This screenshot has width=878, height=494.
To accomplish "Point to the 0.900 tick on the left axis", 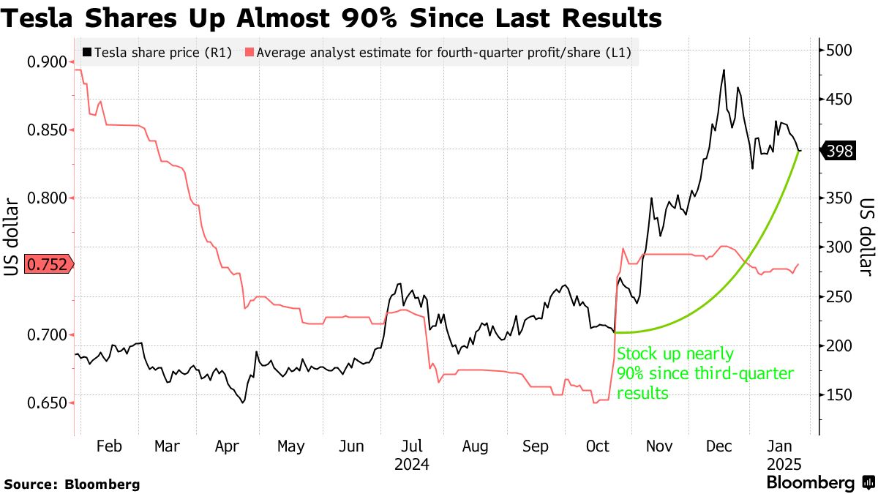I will pyautogui.click(x=49, y=62).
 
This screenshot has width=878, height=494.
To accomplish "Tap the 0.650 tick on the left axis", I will pyautogui.click(x=49, y=403).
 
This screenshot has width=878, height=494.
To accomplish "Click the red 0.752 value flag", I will pyautogui.click(x=49, y=265).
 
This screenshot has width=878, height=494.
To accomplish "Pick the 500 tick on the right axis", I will pyautogui.click(x=840, y=50).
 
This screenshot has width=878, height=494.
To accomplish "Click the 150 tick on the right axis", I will pyautogui.click(x=840, y=395).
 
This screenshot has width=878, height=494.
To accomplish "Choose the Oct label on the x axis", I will pyautogui.click(x=598, y=446).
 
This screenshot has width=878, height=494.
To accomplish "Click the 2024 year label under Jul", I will pyautogui.click(x=411, y=464).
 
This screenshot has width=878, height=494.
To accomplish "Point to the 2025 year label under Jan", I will pyautogui.click(x=784, y=464).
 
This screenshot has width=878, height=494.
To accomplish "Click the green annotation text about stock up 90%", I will pyautogui.click(x=705, y=373).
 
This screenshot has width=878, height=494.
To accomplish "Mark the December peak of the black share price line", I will pyautogui.click(x=724, y=70).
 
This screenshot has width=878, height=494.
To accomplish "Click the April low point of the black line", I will pyautogui.click(x=242, y=402).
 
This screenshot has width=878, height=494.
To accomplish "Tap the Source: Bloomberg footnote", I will pyautogui.click(x=72, y=484).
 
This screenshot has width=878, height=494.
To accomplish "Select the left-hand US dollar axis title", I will pyautogui.click(x=12, y=239).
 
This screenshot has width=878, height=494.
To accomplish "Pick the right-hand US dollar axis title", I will pyautogui.click(x=867, y=239).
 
